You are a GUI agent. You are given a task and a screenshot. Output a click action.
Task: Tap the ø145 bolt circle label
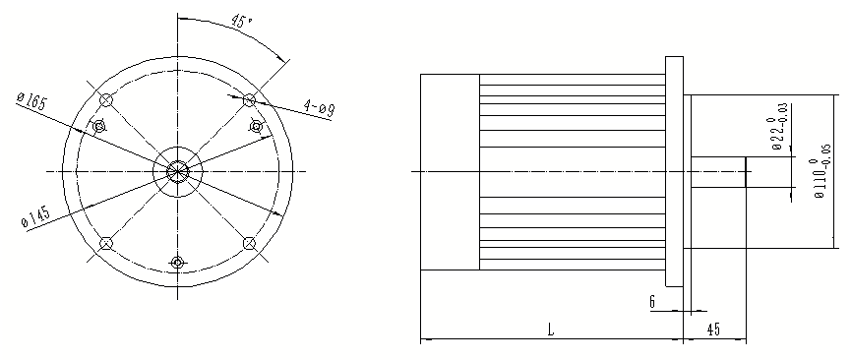click(35, 217)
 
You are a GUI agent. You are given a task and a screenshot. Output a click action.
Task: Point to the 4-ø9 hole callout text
click(319, 107)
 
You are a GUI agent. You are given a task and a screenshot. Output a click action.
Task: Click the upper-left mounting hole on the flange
click(107, 100)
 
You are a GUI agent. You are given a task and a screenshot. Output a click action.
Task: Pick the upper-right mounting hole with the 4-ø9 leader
click(249, 99)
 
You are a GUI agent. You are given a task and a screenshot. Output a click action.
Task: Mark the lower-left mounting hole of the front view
click(107, 243)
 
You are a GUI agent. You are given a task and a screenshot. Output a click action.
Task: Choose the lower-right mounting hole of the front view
click(249, 243)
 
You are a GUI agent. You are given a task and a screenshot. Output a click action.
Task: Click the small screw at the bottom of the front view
click(178, 262)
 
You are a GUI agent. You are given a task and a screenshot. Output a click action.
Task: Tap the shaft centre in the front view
click(178, 171)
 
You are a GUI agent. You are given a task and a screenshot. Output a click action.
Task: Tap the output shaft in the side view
click(718, 172)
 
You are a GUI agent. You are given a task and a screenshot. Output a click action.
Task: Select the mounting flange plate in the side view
click(674, 172)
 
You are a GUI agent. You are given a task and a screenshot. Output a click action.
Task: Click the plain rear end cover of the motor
click(450, 172)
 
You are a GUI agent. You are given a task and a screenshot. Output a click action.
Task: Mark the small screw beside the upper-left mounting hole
click(97, 127)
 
